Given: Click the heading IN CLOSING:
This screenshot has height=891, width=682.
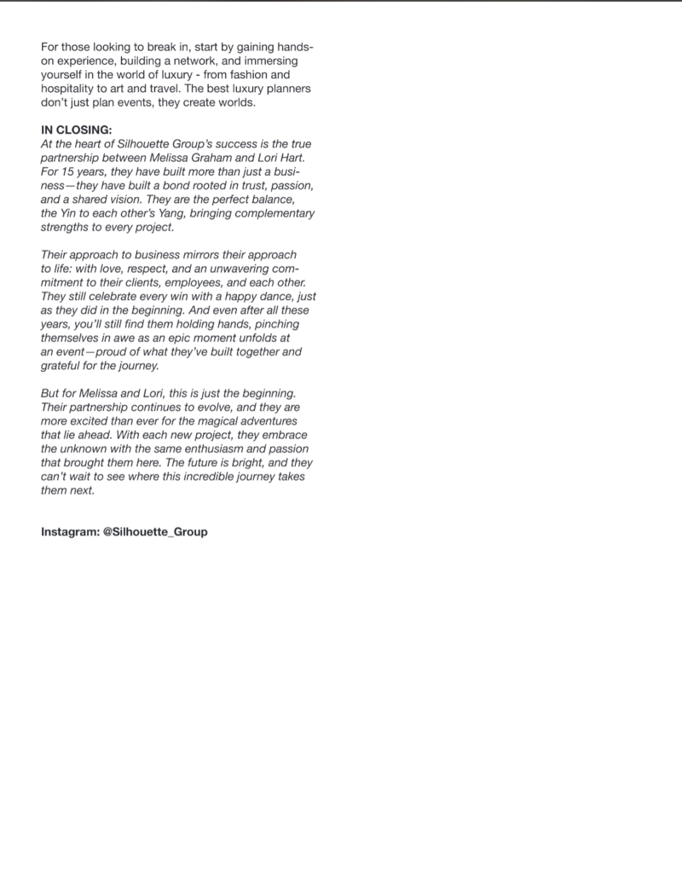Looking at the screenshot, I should tap(77, 132).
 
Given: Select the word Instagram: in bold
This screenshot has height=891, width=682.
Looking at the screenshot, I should tap(69, 532).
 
